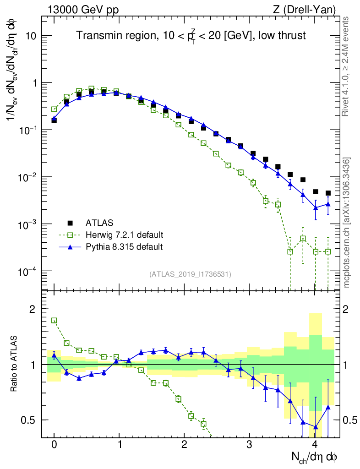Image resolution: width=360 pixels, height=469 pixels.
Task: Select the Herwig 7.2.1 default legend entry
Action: click(x=125, y=235)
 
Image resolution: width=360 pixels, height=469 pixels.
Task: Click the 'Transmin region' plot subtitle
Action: click(x=191, y=36)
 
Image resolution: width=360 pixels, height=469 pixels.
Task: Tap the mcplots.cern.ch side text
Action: click(x=347, y=223)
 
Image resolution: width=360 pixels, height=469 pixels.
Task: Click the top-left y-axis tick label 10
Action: click(x=32, y=36)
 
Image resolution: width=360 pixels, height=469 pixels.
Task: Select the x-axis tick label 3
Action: click(x=250, y=444)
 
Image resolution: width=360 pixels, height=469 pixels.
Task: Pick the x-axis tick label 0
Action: click(x=54, y=444)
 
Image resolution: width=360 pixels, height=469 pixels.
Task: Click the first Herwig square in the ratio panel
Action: click(x=54, y=321)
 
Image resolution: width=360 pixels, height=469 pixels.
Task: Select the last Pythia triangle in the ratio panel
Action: click(x=328, y=407)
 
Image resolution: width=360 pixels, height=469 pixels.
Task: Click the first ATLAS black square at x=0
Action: click(x=54, y=120)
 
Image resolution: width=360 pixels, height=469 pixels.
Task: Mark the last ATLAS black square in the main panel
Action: click(x=328, y=193)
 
